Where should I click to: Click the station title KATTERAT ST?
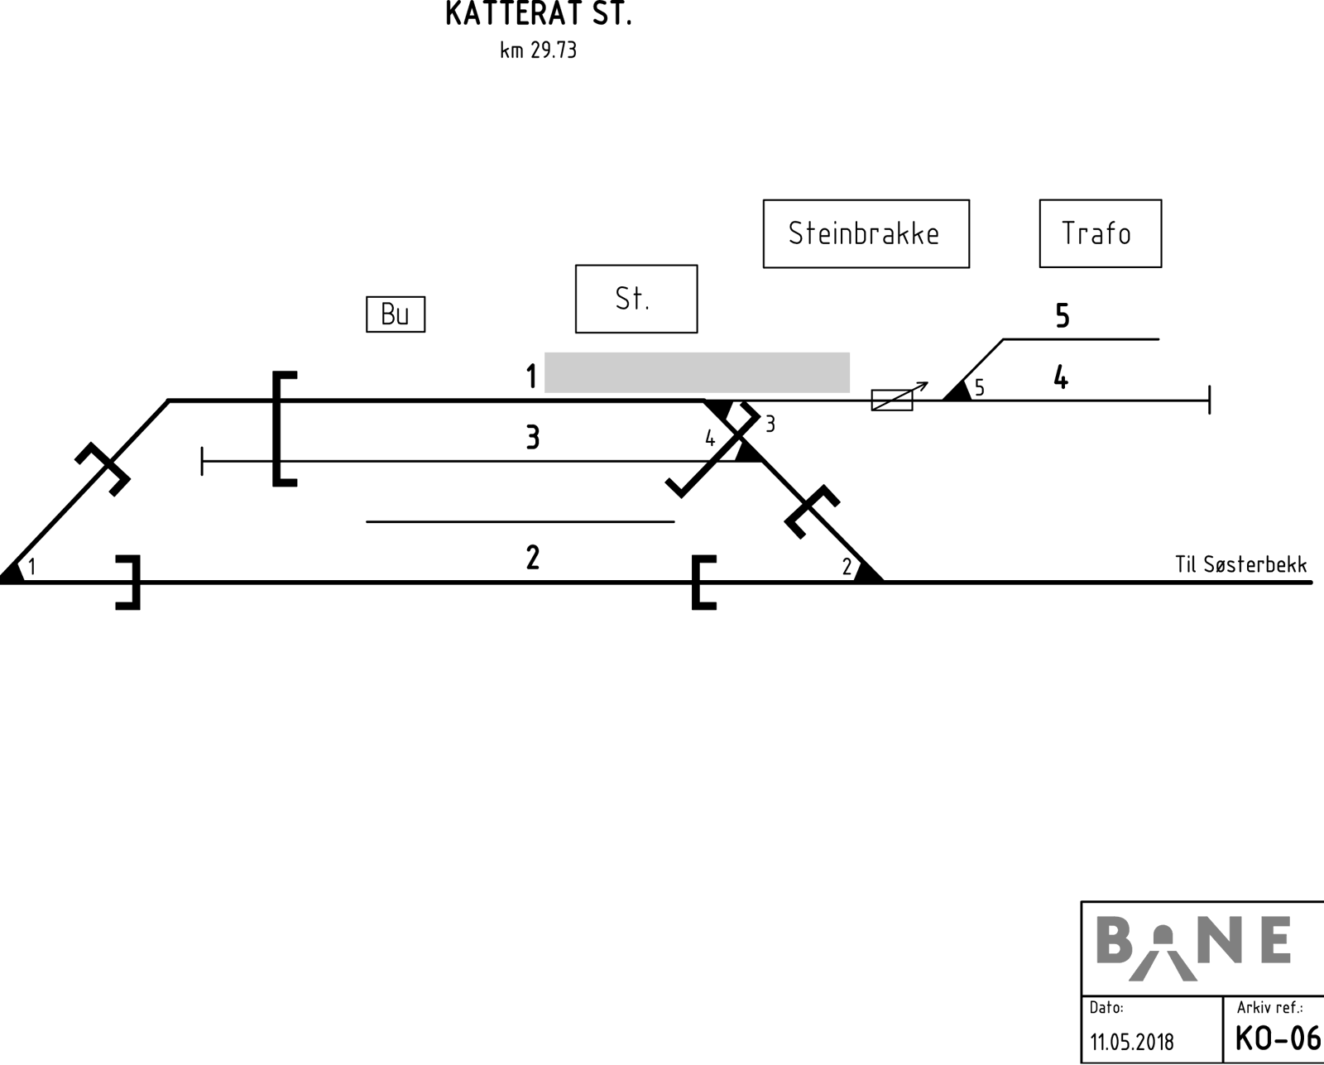tap(539, 13)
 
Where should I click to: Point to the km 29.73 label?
tap(539, 50)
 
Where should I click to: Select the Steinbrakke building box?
tap(866, 234)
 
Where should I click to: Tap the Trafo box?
tap(1101, 233)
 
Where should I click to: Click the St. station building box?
tap(636, 299)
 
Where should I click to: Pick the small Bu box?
tap(396, 314)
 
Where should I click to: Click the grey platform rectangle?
tap(697, 372)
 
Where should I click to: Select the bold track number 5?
tap(1063, 315)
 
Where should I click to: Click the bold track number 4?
tap(1061, 377)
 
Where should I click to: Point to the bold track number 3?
tap(533, 438)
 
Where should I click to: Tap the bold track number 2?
tap(533, 558)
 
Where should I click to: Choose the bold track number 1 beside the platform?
tap(531, 376)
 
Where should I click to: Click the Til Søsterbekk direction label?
tap(1240, 564)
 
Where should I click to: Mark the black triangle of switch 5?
tap(958, 392)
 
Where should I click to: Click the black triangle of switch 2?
tap(868, 572)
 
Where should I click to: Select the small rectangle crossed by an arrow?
tap(892, 400)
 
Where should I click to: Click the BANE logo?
tap(1193, 948)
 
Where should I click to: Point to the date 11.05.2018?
tap(1132, 1042)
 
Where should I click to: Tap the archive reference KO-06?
tap(1278, 1039)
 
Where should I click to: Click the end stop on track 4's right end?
tap(1210, 400)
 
